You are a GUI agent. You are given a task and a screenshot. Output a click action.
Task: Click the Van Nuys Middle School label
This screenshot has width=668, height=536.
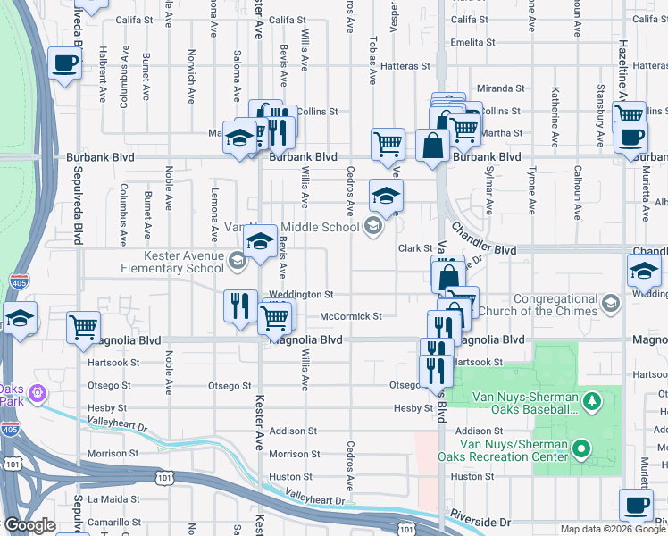(x=316, y=227)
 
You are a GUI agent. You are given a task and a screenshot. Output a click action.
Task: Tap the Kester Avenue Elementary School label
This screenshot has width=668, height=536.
(x=171, y=262)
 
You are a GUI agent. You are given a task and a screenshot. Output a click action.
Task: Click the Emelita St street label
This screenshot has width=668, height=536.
(x=474, y=41)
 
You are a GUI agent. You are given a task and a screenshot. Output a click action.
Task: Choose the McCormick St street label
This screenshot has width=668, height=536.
(x=351, y=316)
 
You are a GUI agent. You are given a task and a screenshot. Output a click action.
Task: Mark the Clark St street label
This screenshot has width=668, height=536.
(x=415, y=248)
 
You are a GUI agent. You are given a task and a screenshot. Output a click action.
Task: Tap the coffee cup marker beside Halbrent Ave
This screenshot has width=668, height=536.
(x=64, y=64)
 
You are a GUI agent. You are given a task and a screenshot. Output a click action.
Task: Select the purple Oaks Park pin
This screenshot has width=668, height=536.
(x=37, y=391)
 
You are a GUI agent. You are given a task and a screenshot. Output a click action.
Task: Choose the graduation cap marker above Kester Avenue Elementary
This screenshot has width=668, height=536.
(x=260, y=241)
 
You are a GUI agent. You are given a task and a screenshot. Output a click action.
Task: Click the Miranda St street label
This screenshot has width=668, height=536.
(x=500, y=88)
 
